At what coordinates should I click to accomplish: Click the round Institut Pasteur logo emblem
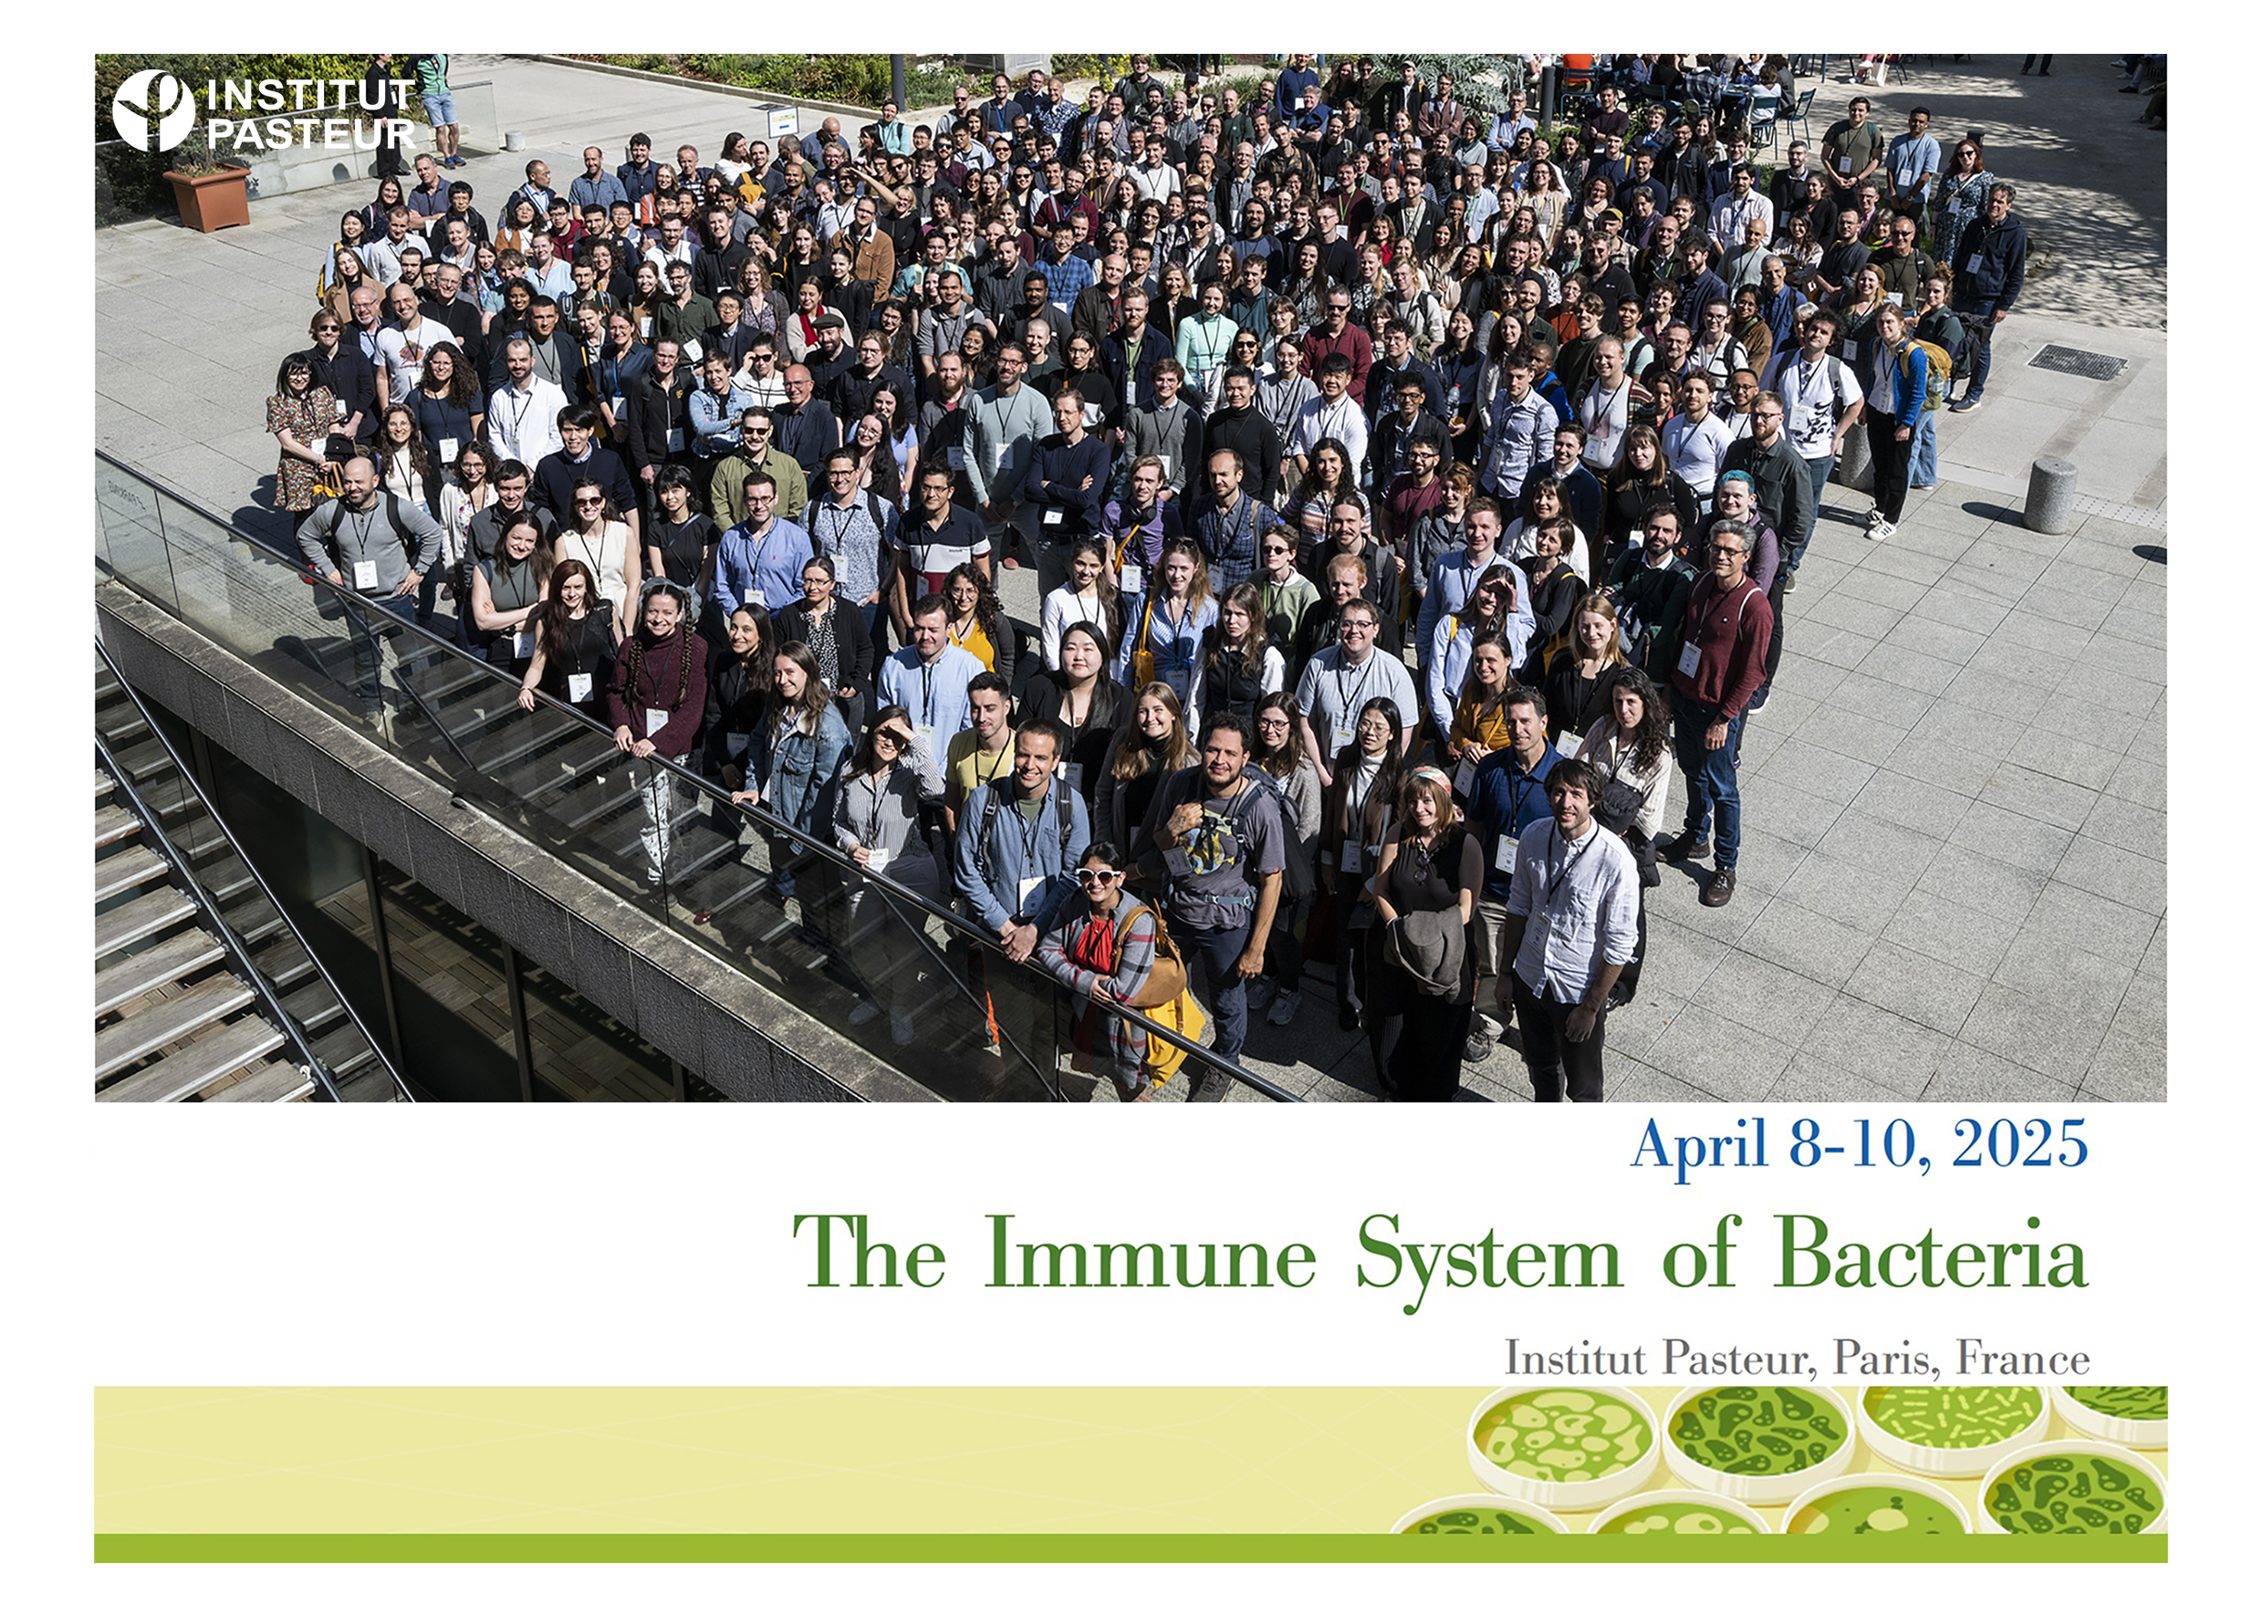point(153,110)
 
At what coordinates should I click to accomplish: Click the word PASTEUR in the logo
point(310,133)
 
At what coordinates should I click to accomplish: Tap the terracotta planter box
point(207,199)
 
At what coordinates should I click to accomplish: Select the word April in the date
point(1698,1146)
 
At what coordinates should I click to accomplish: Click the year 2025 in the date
point(2019,1143)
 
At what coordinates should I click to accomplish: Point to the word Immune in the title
point(1150,1252)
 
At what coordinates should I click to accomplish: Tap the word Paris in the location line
point(1887,1358)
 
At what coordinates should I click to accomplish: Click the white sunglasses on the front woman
point(1097,875)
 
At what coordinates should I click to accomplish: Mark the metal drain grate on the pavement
point(2076,361)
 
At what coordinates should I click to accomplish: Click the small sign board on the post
point(783,121)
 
